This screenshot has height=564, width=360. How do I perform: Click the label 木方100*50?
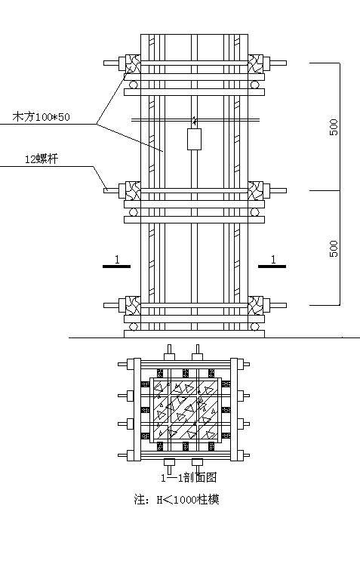(41, 117)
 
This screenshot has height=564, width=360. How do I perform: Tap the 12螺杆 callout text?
(41, 159)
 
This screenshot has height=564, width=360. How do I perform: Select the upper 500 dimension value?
(334, 127)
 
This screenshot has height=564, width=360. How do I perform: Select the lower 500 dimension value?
(334, 248)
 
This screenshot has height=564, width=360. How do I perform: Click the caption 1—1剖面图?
(189, 477)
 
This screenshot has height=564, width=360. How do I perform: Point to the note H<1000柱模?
(176, 500)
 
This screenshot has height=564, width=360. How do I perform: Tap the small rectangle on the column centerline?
(194, 139)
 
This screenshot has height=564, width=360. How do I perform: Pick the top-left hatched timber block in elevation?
(133, 63)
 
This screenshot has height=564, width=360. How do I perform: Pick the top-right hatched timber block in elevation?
(255, 63)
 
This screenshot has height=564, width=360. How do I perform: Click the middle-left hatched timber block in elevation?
(133, 190)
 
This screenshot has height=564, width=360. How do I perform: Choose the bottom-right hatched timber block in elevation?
(255, 305)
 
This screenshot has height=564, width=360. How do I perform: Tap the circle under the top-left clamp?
(134, 85)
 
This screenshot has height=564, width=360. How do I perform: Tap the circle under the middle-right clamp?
(255, 212)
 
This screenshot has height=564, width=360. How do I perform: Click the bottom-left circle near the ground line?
(134, 327)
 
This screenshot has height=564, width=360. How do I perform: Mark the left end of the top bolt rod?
(104, 63)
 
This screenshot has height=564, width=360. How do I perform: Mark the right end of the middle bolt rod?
(286, 190)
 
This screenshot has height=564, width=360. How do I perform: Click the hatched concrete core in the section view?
(185, 410)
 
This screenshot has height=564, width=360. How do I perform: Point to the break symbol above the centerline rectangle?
(195, 120)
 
